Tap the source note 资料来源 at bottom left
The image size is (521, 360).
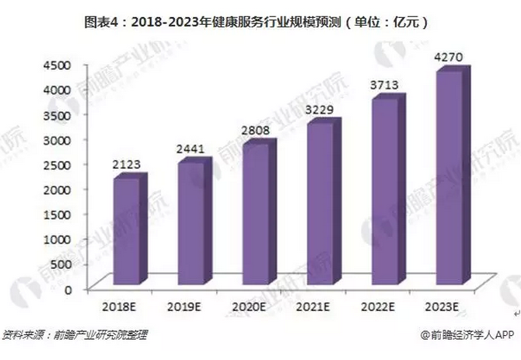click(75, 336)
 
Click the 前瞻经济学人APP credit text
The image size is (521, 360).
click(467, 336)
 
